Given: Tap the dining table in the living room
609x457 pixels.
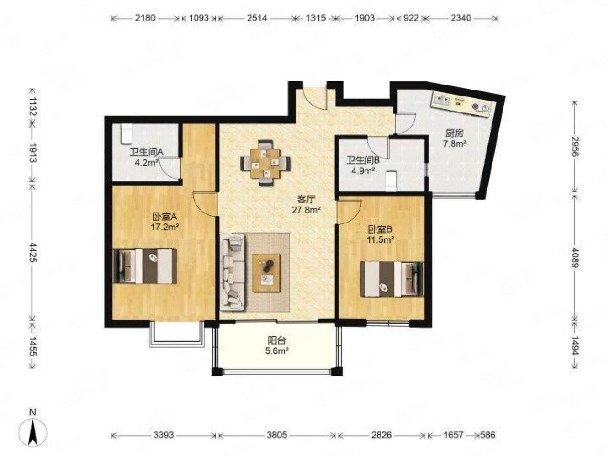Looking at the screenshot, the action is tap(265, 163).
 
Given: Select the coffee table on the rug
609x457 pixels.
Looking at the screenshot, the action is tap(266, 272).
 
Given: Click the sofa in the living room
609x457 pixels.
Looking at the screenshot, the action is tap(233, 272).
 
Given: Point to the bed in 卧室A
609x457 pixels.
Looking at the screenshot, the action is tap(145, 266).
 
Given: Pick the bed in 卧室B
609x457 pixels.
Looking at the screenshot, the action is tap(392, 279).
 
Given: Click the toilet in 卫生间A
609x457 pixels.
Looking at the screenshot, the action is tap(126, 134).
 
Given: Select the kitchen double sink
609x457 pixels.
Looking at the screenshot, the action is tap(442, 100).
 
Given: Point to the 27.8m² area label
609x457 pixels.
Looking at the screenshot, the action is tap(306, 210).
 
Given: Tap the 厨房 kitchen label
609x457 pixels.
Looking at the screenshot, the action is tap(454, 133).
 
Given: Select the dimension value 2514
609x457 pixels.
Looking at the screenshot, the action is tap(257, 18).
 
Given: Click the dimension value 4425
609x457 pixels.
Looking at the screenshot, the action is tap(33, 253).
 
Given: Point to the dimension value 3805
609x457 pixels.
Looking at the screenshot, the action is tap(276, 435).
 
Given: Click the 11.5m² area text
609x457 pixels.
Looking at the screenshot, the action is tap(381, 240).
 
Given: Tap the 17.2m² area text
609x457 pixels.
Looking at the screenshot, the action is tap(164, 227).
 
